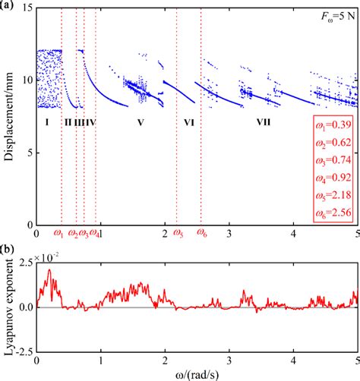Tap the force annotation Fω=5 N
pyautogui.click(x=335, y=16)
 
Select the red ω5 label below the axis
pyautogui.click(x=178, y=234)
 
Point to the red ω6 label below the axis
pyautogui.click(x=202, y=234)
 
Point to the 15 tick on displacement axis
pyautogui.click(x=26, y=8)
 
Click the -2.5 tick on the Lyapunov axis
pyautogui.click(x=23, y=350)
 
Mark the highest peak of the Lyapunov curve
pyautogui.click(x=50, y=270)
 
